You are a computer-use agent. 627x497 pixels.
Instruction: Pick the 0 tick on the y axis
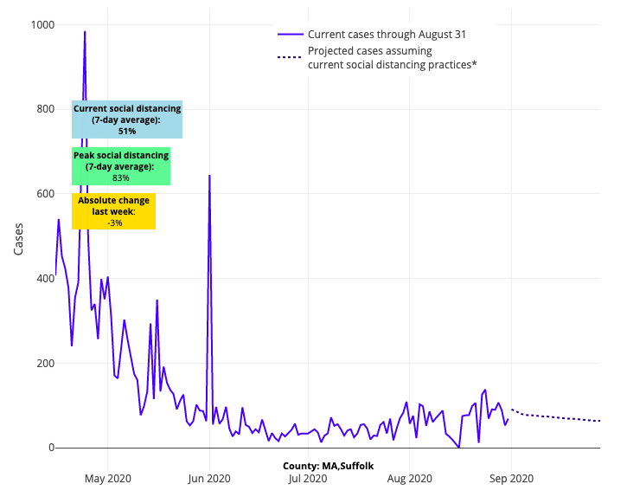45,448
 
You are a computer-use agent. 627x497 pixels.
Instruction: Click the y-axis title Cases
19,236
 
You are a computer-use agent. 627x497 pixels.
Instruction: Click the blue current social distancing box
127,119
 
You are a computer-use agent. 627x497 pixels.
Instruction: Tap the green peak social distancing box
120,166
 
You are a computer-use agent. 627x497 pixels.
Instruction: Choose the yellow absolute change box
113,211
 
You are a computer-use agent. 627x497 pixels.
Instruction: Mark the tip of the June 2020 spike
209,176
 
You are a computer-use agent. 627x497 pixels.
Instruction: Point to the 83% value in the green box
120,177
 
